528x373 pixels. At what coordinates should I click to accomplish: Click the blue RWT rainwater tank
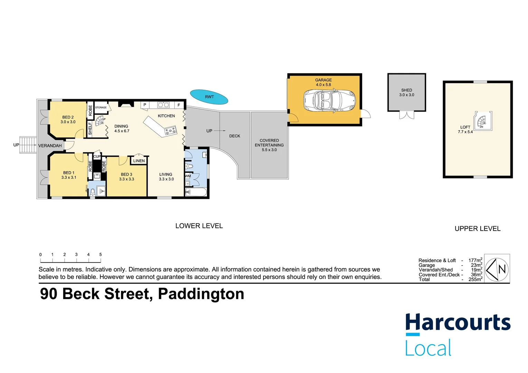tap(209, 97)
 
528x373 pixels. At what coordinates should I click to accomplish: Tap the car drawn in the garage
tap(329, 101)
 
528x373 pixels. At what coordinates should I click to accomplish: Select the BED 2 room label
tap(68, 117)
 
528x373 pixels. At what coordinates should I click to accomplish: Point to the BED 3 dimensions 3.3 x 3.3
tap(126, 179)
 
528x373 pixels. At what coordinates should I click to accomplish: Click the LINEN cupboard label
tap(139, 161)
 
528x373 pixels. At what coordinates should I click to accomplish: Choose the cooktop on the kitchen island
tap(170, 131)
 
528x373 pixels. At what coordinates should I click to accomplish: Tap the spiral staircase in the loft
tap(482, 121)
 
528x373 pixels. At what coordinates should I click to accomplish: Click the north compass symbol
tap(497, 269)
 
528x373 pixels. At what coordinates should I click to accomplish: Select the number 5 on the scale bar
tap(101, 255)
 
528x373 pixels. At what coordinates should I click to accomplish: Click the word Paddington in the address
tap(201, 294)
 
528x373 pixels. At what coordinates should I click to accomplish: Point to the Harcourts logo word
tap(458, 323)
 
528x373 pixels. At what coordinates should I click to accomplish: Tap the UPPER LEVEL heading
tap(477, 229)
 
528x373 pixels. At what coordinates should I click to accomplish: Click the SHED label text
tap(406, 90)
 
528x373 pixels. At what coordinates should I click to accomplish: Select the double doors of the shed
tap(406, 115)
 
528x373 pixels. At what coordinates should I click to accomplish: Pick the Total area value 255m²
tap(475, 279)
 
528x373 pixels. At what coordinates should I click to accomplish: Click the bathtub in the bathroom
tap(196, 192)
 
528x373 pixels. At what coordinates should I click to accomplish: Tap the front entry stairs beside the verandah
tap(28, 145)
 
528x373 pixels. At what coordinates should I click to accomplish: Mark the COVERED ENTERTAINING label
tap(269, 143)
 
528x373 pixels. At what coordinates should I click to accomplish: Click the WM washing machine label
tap(188, 176)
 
